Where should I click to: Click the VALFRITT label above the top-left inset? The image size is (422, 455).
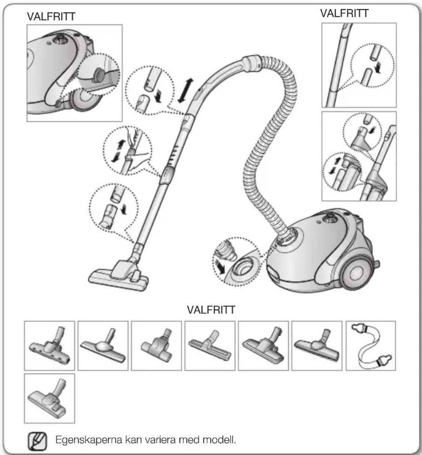51,16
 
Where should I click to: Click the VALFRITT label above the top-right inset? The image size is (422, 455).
344,13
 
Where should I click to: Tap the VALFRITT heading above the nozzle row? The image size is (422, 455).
211,310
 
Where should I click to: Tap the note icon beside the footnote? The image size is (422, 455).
37,441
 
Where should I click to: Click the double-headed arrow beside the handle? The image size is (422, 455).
185,90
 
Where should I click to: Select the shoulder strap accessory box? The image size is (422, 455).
371,346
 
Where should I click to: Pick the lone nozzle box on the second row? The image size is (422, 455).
49,399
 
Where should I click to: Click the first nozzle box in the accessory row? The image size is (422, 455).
49,346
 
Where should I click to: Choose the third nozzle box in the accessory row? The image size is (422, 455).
156,346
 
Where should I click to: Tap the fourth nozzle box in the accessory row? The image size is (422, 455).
210,346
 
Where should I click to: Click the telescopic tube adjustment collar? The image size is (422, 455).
167,175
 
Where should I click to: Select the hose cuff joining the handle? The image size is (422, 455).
252,63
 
